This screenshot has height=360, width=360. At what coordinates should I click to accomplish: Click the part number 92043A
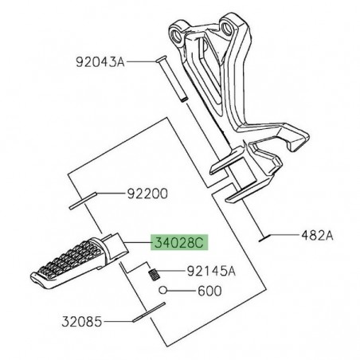point(100,61)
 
